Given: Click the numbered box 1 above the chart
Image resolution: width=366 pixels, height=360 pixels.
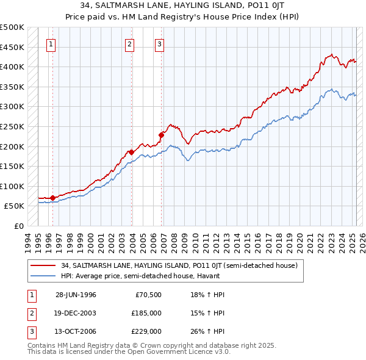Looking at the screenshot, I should [x=51, y=43].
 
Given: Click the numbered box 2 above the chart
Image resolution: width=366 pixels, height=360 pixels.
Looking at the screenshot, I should [x=130, y=43].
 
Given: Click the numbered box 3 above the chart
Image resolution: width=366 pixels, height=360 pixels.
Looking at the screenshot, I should [x=159, y=43].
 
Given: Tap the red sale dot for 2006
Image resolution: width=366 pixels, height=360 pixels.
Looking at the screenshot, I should [x=162, y=135].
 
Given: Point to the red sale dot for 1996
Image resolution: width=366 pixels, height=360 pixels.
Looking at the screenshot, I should [x=53, y=198].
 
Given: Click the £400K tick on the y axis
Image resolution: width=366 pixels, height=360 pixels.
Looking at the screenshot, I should [x=12, y=67].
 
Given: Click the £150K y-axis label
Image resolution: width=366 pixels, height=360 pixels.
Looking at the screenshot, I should [x=12, y=166].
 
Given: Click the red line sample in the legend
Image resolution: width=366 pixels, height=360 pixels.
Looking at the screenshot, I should [x=43, y=265].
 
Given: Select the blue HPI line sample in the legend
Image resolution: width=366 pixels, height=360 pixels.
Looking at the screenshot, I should [x=43, y=276].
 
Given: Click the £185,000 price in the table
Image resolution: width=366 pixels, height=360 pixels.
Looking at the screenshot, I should [x=147, y=313].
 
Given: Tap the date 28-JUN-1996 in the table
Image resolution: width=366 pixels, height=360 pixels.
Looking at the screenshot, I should [x=76, y=295].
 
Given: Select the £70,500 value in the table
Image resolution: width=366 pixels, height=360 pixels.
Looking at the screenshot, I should [x=149, y=295].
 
